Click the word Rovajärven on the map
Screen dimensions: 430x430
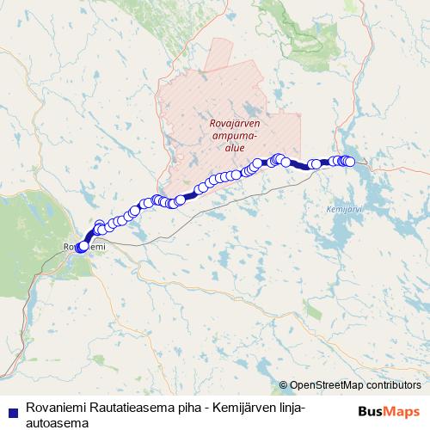point(241,123)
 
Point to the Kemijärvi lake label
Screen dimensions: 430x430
point(346,209)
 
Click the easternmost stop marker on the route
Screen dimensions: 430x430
point(349,162)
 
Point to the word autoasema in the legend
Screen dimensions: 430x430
point(59,421)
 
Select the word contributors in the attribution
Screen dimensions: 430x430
point(395,385)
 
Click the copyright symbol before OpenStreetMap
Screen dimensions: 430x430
point(284,385)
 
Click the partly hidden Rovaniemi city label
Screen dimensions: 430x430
point(84,248)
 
